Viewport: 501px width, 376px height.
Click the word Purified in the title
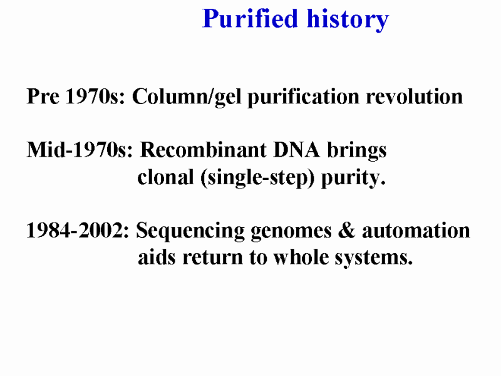click(250, 19)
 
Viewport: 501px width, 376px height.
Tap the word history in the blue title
click(348, 20)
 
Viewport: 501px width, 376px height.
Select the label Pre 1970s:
click(76, 96)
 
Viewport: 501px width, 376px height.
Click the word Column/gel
click(187, 97)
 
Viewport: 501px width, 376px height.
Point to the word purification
click(304, 97)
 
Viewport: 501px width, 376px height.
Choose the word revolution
click(415, 97)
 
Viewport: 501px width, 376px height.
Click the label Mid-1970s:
click(80, 150)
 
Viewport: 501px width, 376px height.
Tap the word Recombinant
click(203, 150)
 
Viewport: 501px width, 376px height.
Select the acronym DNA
click(297, 150)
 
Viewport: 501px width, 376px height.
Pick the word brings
click(357, 150)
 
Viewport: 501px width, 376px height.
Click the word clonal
click(165, 177)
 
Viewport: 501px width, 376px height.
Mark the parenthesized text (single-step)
click(257, 178)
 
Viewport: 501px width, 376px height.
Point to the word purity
click(353, 178)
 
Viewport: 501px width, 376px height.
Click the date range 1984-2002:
click(78, 230)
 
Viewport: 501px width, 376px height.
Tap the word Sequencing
click(190, 231)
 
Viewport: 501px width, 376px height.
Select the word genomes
click(291, 232)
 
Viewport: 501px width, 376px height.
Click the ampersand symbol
click(347, 230)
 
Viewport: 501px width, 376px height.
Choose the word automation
click(416, 230)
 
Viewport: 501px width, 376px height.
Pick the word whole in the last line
click(301, 257)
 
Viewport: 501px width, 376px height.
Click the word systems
click(374, 258)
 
